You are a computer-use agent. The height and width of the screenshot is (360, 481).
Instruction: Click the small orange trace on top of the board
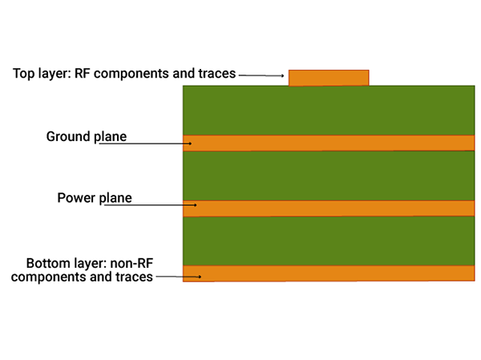click(x=329, y=78)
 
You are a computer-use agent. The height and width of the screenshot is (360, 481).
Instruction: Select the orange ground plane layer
click(x=337, y=143)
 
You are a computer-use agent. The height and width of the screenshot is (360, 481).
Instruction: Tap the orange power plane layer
click(x=337, y=208)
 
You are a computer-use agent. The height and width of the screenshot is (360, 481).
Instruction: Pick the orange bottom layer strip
click(x=337, y=273)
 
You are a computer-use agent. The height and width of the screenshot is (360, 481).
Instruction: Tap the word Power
click(x=76, y=197)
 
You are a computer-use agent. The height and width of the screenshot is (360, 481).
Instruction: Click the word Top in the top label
click(x=24, y=74)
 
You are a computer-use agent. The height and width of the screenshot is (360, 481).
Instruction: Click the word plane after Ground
click(x=111, y=136)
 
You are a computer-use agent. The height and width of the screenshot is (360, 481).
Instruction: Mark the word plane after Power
click(x=115, y=197)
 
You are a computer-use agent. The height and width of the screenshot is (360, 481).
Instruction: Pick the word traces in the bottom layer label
click(x=133, y=277)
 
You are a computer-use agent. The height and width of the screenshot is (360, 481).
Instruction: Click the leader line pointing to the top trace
click(x=261, y=75)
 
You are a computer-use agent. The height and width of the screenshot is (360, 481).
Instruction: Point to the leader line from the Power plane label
click(x=160, y=204)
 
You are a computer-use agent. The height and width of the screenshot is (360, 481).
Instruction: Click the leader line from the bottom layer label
click(x=180, y=277)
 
